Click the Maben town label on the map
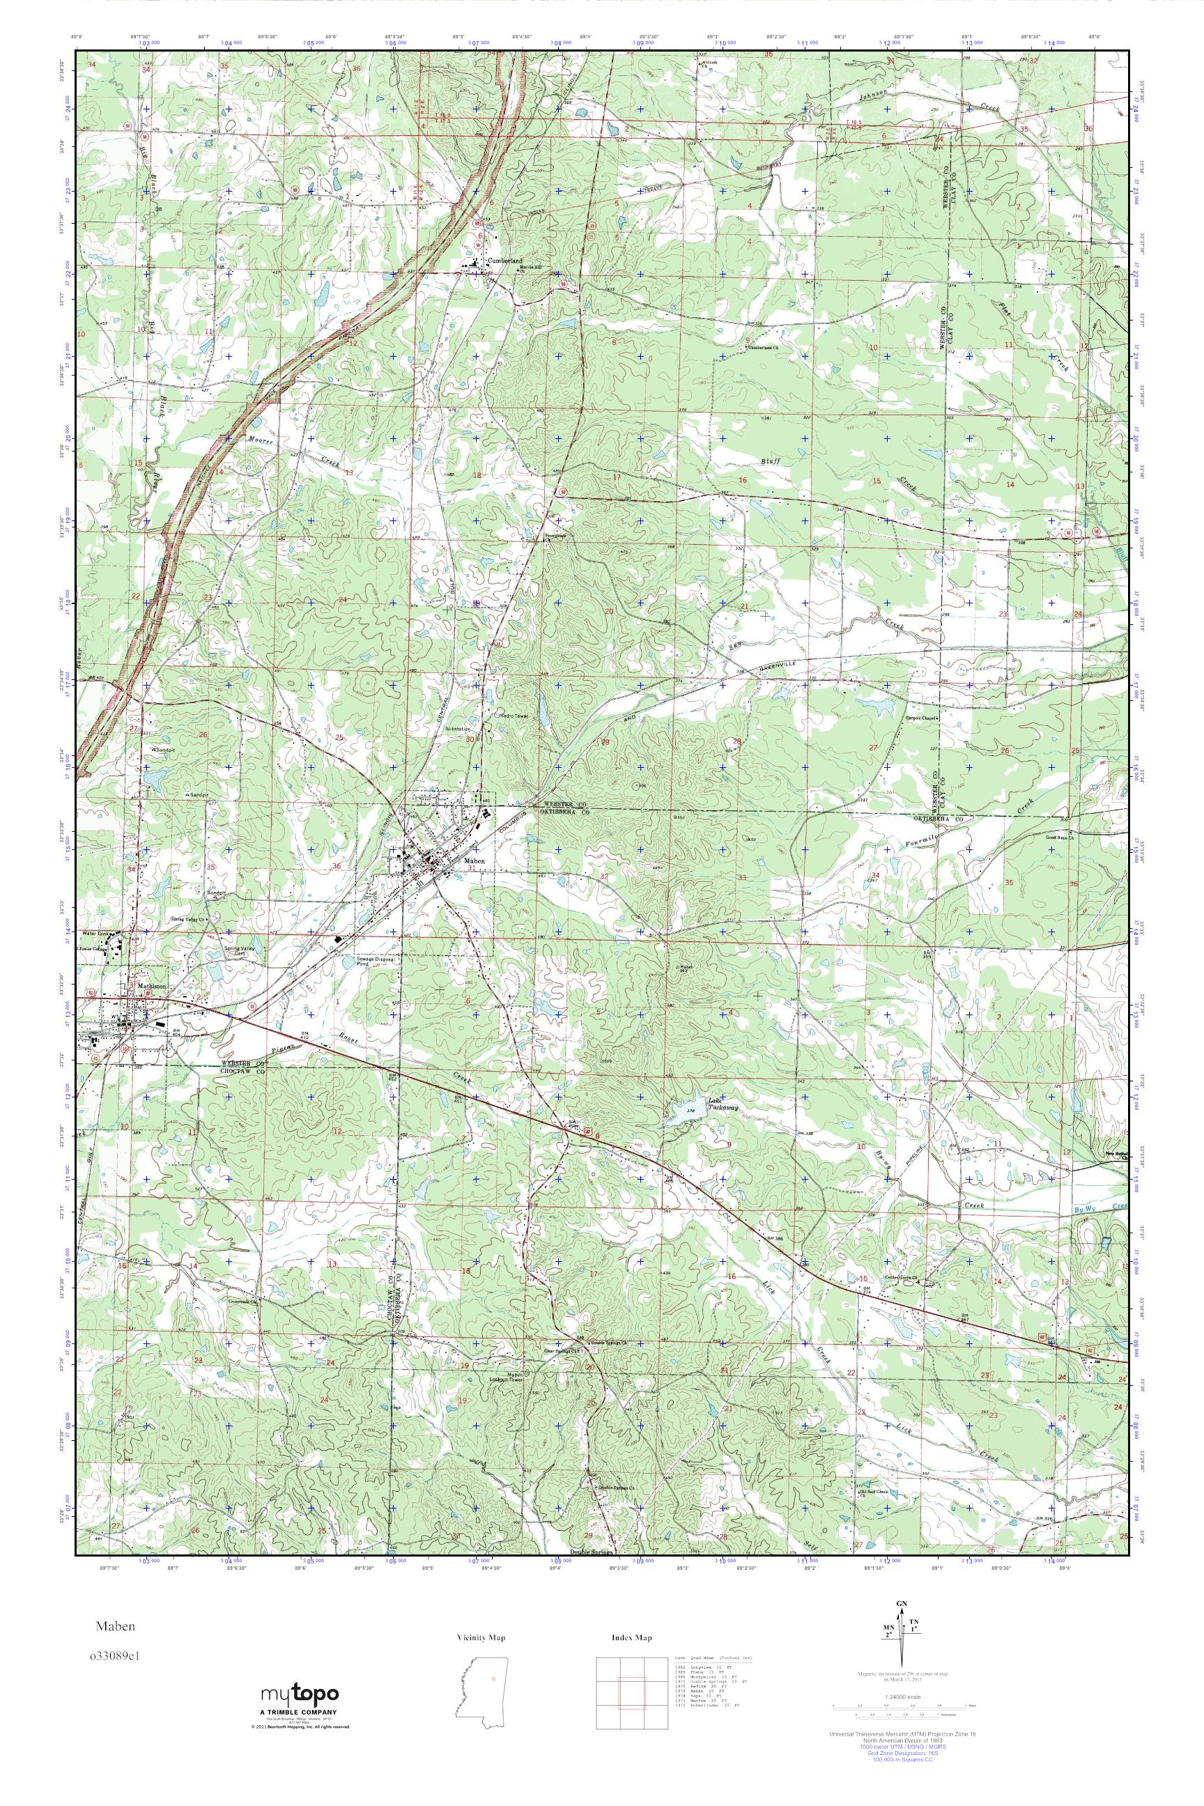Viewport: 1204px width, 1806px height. tap(474, 863)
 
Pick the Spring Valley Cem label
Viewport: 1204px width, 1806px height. tap(221, 951)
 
